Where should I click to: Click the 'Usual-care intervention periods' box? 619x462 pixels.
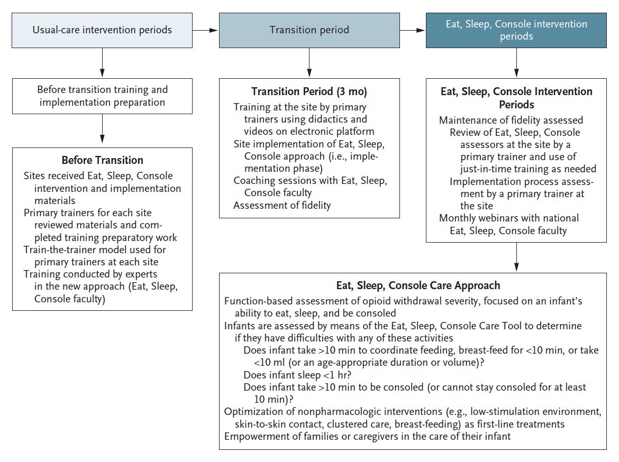point(102,30)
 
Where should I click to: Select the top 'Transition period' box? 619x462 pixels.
point(309,30)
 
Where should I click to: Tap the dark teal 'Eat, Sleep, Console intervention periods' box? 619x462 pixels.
point(516,30)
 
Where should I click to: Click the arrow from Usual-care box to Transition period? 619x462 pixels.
point(205,30)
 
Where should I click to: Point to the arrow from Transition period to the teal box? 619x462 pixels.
point(413,30)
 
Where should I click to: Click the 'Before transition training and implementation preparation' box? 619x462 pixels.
point(102,96)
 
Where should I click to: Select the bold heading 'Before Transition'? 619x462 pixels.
point(102,160)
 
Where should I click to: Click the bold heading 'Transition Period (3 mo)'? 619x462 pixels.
point(309,91)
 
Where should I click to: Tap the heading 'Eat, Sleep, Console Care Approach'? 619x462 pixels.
point(418,285)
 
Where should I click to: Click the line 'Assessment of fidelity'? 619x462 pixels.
point(282,205)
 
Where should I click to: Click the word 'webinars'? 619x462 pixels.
point(495,218)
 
